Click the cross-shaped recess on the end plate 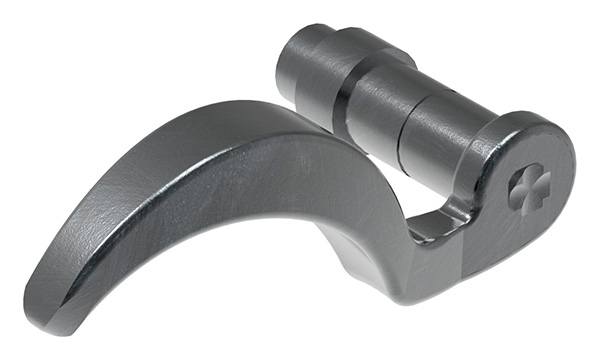point(528,187)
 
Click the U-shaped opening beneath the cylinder point(425,215)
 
